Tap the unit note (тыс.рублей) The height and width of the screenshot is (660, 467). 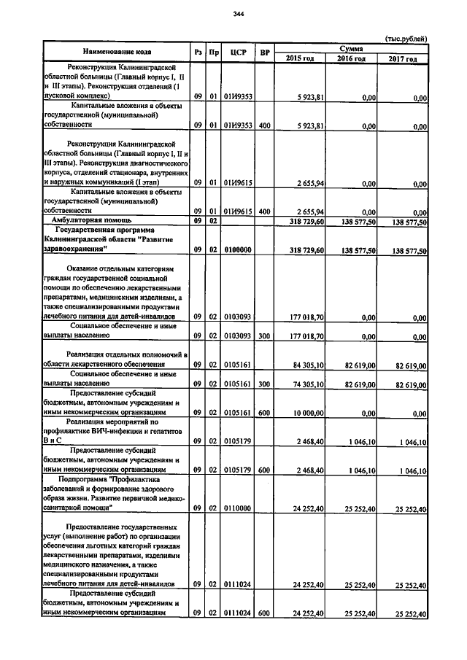405,39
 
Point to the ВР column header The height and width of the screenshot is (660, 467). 265,53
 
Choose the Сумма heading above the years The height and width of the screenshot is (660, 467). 352,47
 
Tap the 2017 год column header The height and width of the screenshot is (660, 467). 403,58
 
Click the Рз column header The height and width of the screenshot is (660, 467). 197,53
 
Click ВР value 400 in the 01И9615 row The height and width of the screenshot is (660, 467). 265,211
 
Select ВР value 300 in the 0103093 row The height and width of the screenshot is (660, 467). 265,336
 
